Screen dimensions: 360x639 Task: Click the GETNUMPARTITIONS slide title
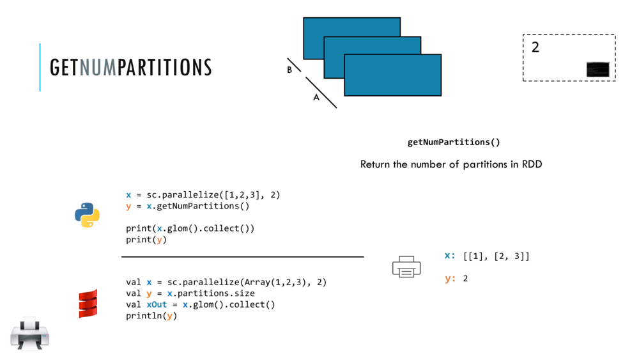pyautogui.click(x=130, y=67)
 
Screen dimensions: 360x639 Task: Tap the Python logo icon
pyautogui.click(x=87, y=215)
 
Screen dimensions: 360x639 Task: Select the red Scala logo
pyautogui.click(x=88, y=303)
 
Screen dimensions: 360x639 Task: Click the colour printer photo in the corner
pyautogui.click(x=29, y=334)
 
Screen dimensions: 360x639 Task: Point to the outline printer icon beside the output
pyautogui.click(x=406, y=267)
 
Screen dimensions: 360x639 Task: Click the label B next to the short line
pyautogui.click(x=289, y=70)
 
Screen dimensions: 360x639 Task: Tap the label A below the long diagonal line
pyautogui.click(x=316, y=98)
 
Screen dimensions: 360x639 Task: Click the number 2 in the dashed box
pyautogui.click(x=535, y=47)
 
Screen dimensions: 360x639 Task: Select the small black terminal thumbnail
pyautogui.click(x=597, y=69)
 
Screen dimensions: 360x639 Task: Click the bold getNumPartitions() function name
pyautogui.click(x=454, y=142)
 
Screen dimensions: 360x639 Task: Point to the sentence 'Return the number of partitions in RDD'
pyautogui.click(x=450, y=164)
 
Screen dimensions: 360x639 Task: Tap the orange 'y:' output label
pyautogui.click(x=450, y=278)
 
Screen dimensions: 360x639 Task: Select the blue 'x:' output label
pyautogui.click(x=450, y=256)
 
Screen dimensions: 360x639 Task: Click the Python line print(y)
pyautogui.click(x=146, y=240)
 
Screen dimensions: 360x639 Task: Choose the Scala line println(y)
pyautogui.click(x=151, y=316)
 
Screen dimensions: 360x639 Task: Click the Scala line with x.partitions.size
pyautogui.click(x=190, y=293)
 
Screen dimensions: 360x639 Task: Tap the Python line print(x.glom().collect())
pyautogui.click(x=190, y=228)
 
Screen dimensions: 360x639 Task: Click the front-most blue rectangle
pyautogui.click(x=392, y=75)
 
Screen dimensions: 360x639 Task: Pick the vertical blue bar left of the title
pyautogui.click(x=40, y=67)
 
